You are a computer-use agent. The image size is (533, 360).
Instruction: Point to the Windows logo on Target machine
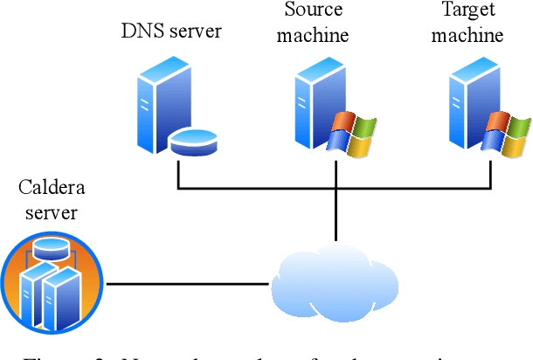[508, 133]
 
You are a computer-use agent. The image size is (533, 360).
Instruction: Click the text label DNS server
[171, 32]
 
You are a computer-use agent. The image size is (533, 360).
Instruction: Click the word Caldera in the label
[52, 188]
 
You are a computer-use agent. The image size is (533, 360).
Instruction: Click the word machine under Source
[315, 36]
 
